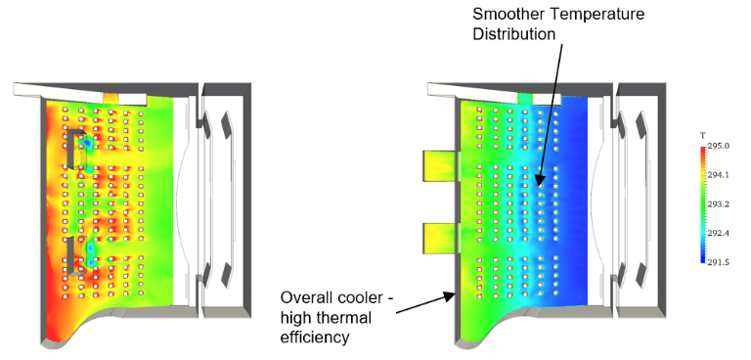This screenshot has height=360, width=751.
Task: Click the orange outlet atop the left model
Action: [110, 99]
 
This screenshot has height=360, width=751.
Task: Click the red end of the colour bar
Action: [703, 150]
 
